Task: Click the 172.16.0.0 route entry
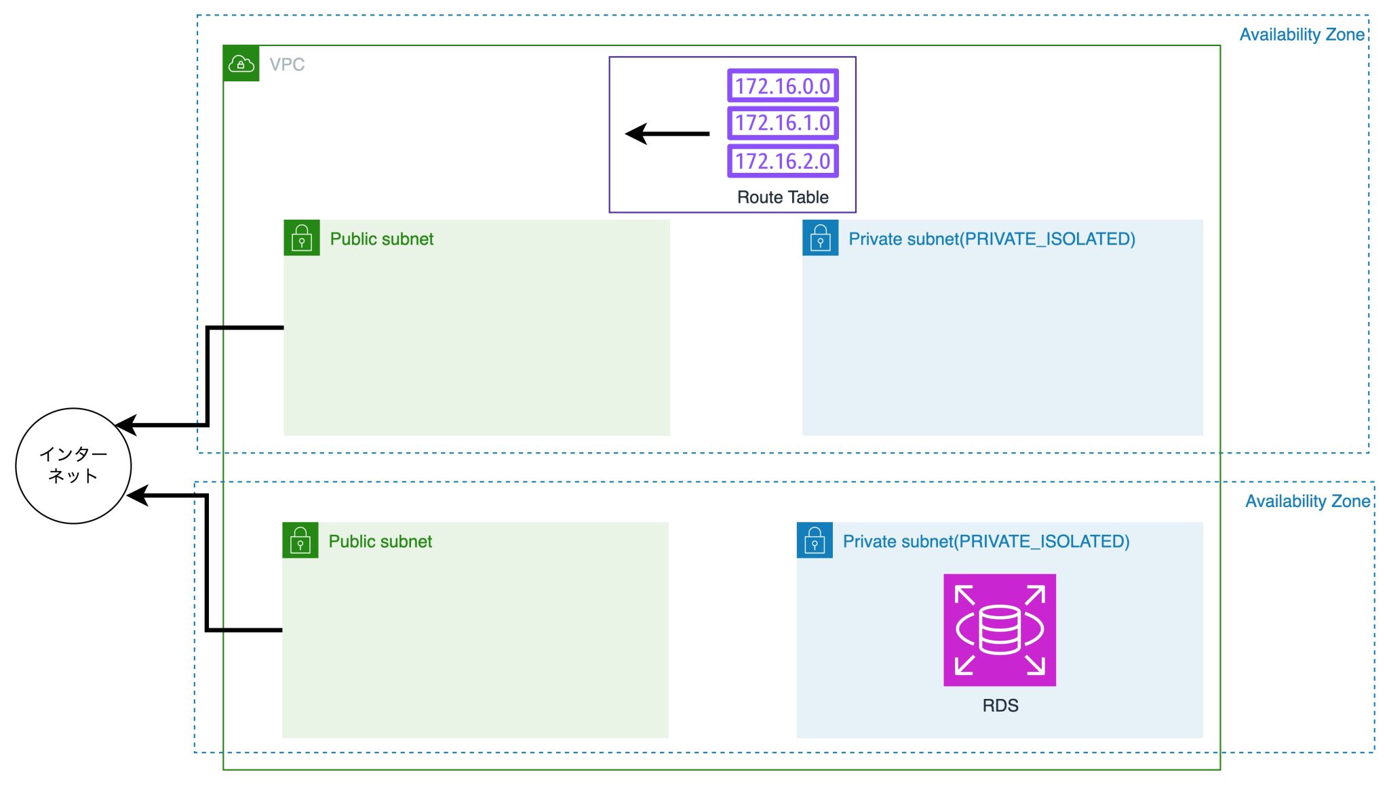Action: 783,86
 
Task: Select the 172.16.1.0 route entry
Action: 783,123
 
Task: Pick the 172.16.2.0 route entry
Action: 783,161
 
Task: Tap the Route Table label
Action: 783,197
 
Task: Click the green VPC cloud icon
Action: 241,64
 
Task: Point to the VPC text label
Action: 287,64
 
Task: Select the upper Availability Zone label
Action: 1302,35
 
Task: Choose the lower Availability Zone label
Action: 1307,501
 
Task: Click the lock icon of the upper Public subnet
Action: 302,238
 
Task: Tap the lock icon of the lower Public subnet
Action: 300,540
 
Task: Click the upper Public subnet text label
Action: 381,239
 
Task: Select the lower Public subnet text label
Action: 380,541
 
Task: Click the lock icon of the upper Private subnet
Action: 820,238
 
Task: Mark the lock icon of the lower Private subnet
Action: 815,540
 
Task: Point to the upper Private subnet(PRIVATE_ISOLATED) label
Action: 992,239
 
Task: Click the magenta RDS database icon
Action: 1000,630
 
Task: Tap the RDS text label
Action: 1000,706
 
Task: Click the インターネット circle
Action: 73,466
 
